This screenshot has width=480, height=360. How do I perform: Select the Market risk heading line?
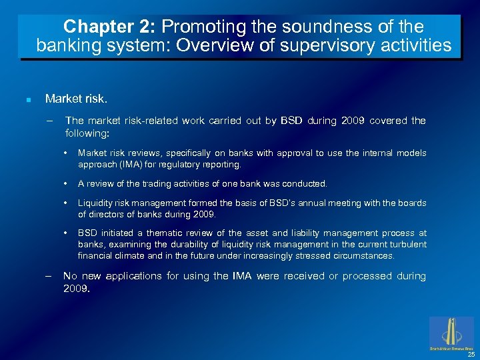(75, 99)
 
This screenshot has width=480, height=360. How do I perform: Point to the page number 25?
(471, 354)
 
